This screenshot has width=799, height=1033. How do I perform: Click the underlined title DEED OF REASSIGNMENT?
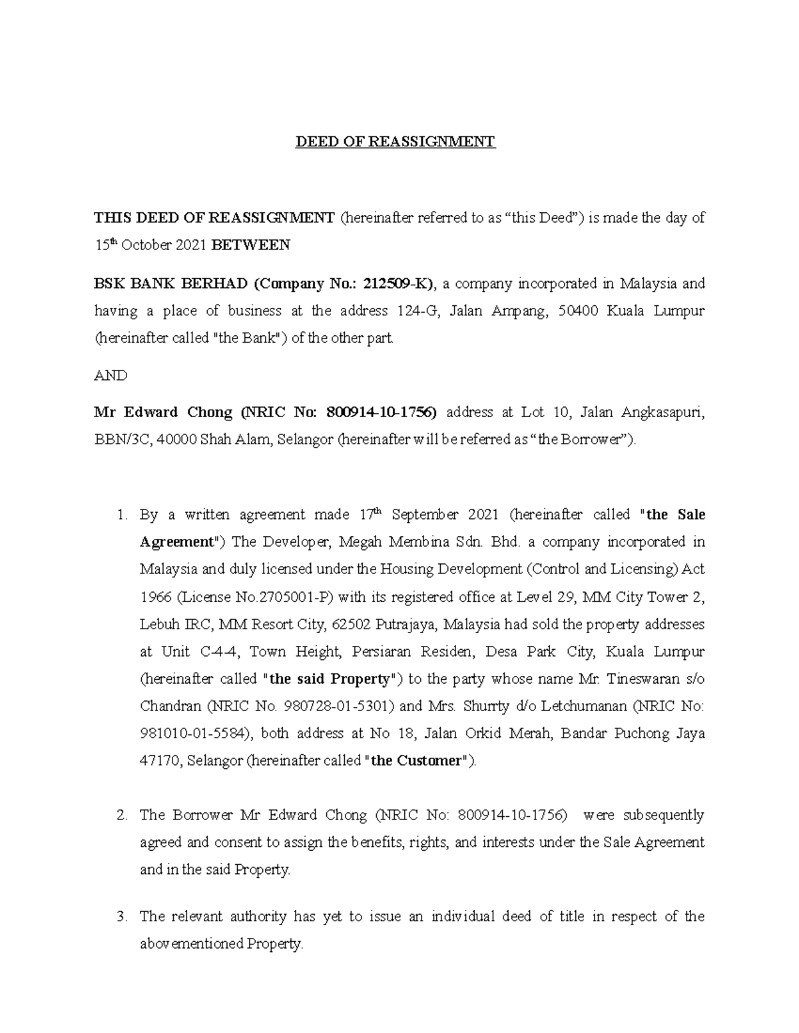click(396, 142)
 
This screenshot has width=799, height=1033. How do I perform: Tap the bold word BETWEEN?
click(250, 245)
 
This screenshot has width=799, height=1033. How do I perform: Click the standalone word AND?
click(111, 375)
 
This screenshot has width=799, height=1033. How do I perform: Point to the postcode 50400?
click(577, 311)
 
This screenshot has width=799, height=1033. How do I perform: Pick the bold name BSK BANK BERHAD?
click(170, 284)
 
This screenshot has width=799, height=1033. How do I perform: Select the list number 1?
click(121, 515)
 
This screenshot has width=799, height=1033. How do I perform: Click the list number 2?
click(121, 815)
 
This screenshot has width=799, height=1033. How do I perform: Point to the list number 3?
click(121, 917)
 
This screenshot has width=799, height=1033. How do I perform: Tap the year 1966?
click(155, 597)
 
